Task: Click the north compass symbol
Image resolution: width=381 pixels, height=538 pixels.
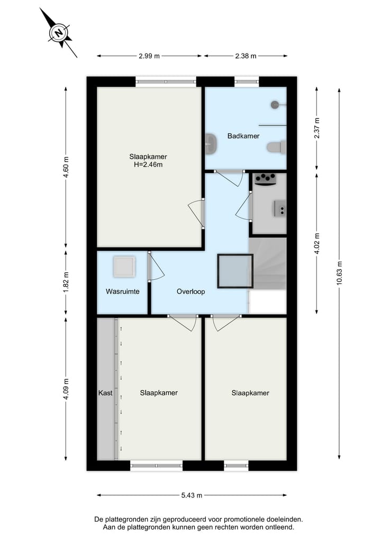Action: [59, 33]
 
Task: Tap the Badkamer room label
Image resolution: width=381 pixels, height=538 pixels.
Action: [243, 136]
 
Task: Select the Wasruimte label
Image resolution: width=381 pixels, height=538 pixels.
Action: [122, 291]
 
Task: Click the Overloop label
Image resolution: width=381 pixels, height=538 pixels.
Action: [190, 291]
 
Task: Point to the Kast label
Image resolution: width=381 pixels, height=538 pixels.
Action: [105, 393]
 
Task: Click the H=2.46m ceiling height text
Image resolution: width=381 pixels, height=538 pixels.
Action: [148, 165]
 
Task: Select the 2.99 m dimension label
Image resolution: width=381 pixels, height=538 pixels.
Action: [149, 56]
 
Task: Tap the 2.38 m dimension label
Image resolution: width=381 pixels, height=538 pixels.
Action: [246, 56]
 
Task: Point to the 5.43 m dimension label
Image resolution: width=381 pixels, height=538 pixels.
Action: [192, 496]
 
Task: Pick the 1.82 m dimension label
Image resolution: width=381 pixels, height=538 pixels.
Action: [66, 281]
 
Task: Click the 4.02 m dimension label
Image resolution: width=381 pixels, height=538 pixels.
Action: [316, 243]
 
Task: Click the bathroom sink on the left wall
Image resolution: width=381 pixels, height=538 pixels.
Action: [210, 142]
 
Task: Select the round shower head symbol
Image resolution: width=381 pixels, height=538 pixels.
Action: [274, 105]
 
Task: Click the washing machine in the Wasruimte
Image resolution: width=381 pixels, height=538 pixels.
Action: [125, 266]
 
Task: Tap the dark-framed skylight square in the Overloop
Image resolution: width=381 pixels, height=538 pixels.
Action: [235, 270]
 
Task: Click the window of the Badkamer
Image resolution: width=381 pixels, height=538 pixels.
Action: [247, 82]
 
